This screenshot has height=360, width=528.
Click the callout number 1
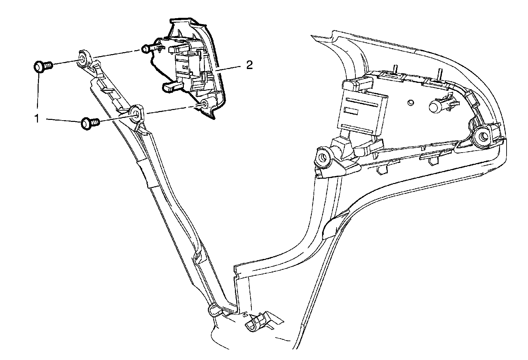pos(37,118)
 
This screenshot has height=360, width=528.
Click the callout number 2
pos(249,65)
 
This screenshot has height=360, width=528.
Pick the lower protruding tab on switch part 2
pos(172,87)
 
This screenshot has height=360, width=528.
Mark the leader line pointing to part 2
pos(229,68)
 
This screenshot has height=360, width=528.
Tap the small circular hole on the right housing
pos(411,102)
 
